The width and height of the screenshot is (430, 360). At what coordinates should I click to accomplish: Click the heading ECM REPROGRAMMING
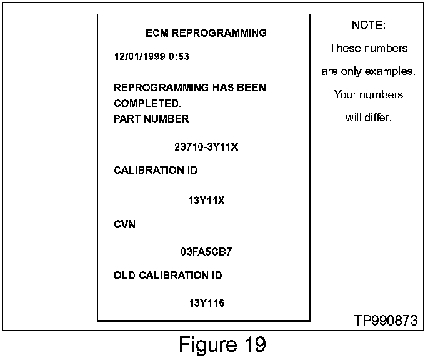(x=206, y=33)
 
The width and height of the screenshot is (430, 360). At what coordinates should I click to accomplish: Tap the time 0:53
(x=179, y=57)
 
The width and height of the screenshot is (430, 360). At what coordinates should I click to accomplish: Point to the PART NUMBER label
(x=151, y=119)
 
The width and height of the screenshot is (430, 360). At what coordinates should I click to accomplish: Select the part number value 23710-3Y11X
(x=206, y=147)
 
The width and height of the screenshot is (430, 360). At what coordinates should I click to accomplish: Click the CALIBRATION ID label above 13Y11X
(x=156, y=171)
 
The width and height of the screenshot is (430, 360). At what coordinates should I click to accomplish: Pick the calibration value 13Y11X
(x=206, y=201)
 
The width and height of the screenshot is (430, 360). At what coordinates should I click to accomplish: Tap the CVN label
(x=124, y=224)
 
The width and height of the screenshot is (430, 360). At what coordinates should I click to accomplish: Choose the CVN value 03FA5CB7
(x=207, y=252)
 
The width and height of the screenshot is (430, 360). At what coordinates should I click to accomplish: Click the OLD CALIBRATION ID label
(x=167, y=276)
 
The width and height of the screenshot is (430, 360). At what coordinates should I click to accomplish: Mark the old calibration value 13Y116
(x=206, y=304)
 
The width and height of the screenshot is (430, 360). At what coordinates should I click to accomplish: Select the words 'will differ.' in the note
(x=368, y=117)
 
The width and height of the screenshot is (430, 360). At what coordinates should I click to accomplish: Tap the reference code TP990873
(x=386, y=321)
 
